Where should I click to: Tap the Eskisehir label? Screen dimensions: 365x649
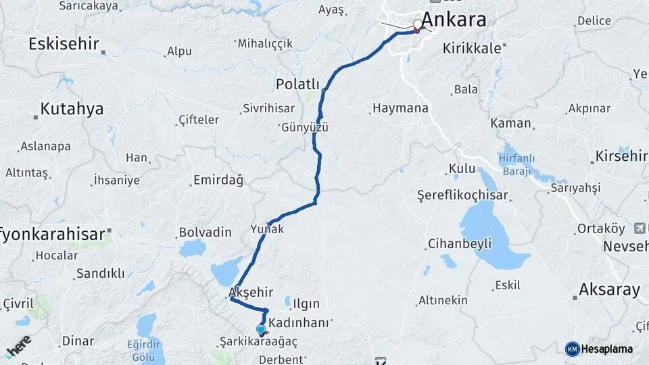pos(64,45)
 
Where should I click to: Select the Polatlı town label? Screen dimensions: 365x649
pos(297,84)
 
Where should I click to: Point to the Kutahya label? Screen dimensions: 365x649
pos(72,109)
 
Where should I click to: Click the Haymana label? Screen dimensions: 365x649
pos(400,108)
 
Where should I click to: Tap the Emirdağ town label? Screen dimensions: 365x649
pos(218,180)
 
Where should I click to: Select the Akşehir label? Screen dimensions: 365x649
pos(251,293)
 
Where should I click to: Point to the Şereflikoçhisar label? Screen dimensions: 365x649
pos(462,195)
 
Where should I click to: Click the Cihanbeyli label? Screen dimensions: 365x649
pos(459,244)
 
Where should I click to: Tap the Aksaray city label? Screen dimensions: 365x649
pos(609,290)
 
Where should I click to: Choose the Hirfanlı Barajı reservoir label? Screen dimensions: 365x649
pos(517,165)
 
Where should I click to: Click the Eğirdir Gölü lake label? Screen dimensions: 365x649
pos(147,349)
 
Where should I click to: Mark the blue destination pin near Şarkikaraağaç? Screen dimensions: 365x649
pos(261,330)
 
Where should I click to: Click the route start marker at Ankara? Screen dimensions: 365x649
pos(417,25)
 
